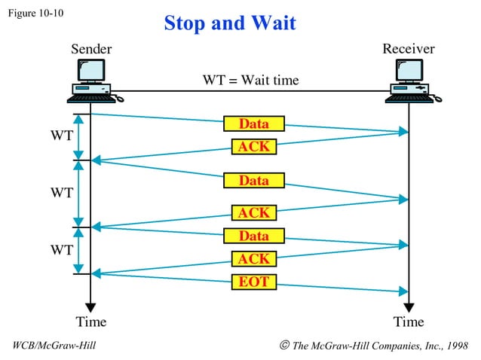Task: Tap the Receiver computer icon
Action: point(409,81)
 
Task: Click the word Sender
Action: point(91,49)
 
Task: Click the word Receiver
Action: point(409,49)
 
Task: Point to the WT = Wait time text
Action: point(250,80)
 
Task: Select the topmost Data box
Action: point(254,124)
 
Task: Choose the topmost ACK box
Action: point(254,146)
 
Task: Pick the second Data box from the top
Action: point(254,181)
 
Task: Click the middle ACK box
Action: point(254,213)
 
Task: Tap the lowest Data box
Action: point(254,236)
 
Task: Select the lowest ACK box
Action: point(254,259)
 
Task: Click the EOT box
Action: point(254,282)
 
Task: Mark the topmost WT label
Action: point(62,136)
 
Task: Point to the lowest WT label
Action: point(62,248)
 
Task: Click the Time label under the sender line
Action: point(91,322)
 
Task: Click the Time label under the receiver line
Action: point(409,322)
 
